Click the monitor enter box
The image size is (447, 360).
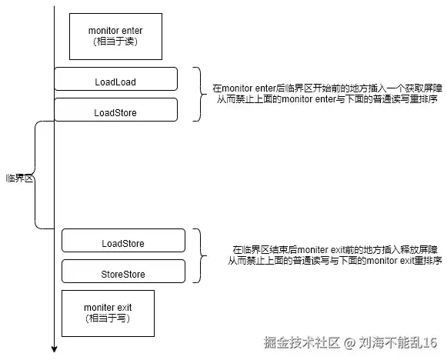pyautogui.click(x=115, y=36)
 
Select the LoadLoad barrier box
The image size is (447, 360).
pyautogui.click(x=115, y=79)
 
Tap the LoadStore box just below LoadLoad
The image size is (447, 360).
pyautogui.click(x=115, y=110)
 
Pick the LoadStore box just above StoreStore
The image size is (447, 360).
pyautogui.click(x=123, y=241)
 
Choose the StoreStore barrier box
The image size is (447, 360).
pyautogui.click(x=123, y=272)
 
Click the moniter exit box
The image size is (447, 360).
pyautogui.click(x=108, y=314)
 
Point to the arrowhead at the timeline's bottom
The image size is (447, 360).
pyautogui.click(x=54, y=349)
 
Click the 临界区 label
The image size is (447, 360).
pyautogui.click(x=19, y=178)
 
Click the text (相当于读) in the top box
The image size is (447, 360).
pyautogui.click(x=115, y=42)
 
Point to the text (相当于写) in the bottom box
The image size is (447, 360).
pyautogui.click(x=108, y=318)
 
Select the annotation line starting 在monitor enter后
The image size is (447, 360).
pyautogui.click(x=327, y=88)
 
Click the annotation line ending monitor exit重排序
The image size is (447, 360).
pyautogui.click(x=335, y=261)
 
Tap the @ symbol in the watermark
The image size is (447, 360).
pyautogui.click(x=349, y=343)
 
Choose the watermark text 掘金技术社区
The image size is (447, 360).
pyautogui.click(x=302, y=342)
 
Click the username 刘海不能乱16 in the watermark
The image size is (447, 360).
pyautogui.click(x=398, y=342)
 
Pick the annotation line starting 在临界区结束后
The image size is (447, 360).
pyautogui.click(x=335, y=250)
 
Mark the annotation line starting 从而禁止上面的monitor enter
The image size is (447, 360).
pyautogui.click(x=327, y=99)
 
